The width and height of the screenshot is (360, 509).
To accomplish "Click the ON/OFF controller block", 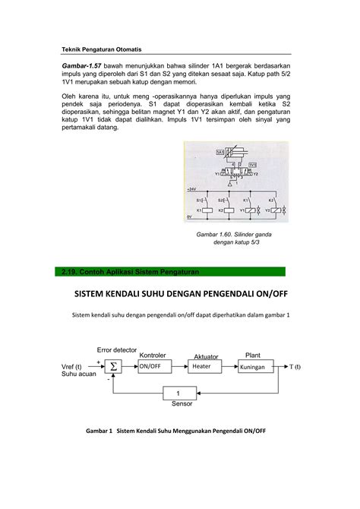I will click(x=151, y=366).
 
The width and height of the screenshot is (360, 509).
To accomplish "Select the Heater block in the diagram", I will click(x=202, y=366).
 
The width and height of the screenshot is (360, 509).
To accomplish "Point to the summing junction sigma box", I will click(x=114, y=366).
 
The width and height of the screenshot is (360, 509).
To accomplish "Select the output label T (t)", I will click(x=293, y=366).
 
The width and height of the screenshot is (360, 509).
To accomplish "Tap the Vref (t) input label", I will click(x=75, y=366).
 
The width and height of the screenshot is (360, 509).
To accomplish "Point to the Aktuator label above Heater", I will click(x=206, y=356).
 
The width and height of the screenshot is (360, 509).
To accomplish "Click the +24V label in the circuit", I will click(x=191, y=188).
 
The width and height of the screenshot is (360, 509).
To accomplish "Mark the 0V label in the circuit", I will click(x=189, y=218).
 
